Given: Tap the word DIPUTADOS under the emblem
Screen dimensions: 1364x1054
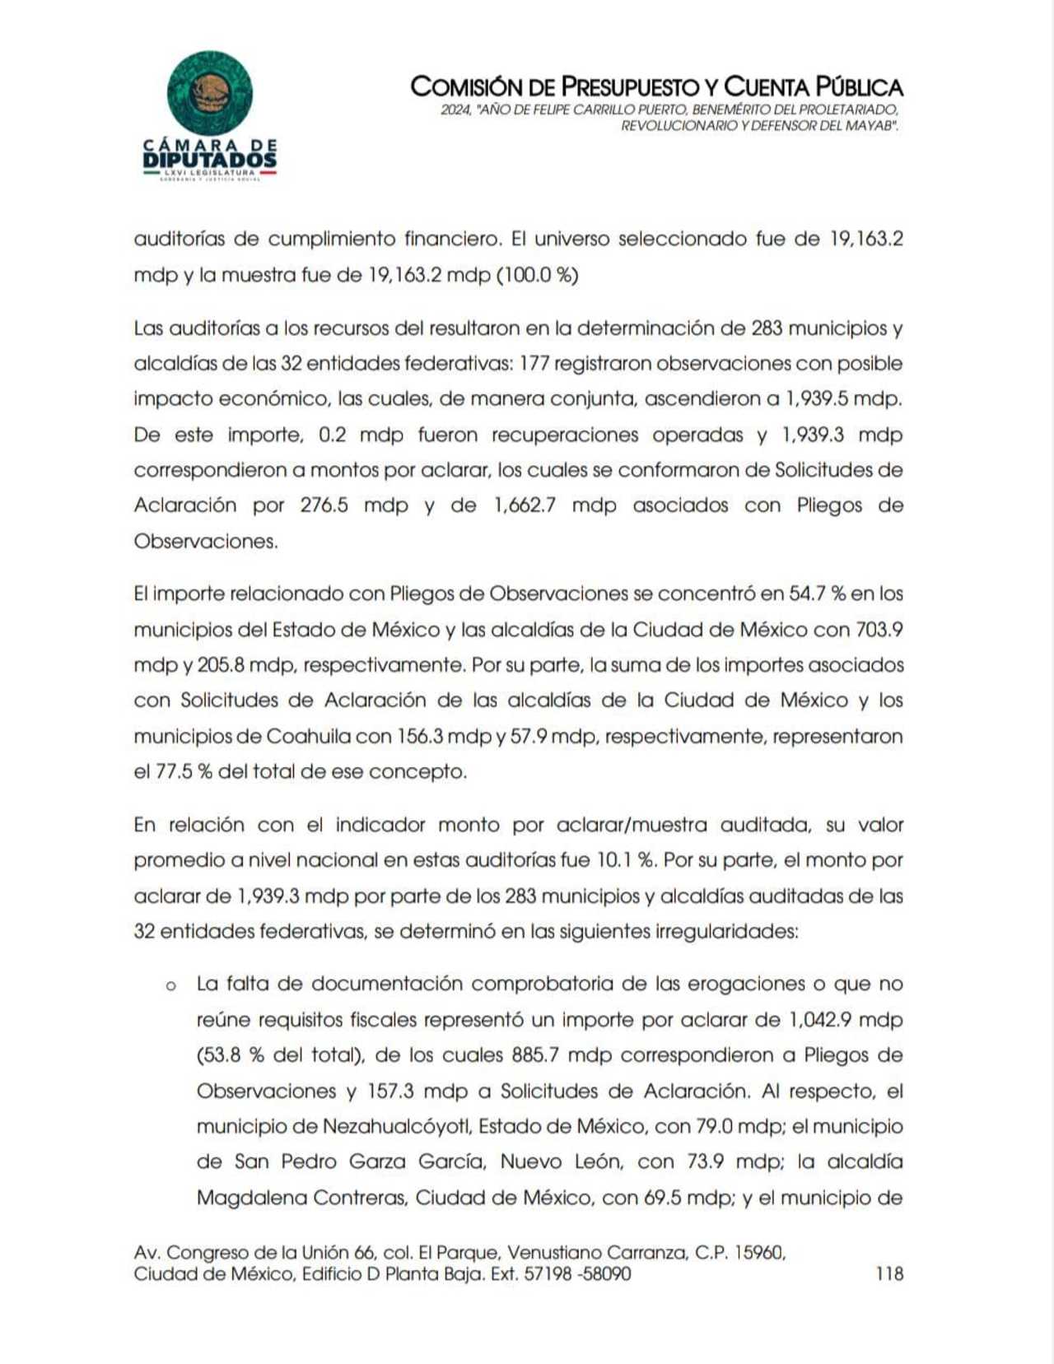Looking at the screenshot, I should pos(209,159).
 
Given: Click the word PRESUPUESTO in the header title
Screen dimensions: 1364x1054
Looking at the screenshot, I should pos(630,86).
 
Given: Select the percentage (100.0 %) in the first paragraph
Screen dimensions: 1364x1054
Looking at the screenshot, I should pos(537,275).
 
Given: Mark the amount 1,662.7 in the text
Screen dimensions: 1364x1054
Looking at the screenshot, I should pos(525,505).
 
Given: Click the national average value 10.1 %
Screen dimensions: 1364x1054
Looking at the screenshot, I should pos(625,860).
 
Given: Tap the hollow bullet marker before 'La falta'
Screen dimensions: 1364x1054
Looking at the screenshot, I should pos(171,985).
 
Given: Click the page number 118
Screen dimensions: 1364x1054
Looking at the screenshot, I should pos(889,1274).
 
